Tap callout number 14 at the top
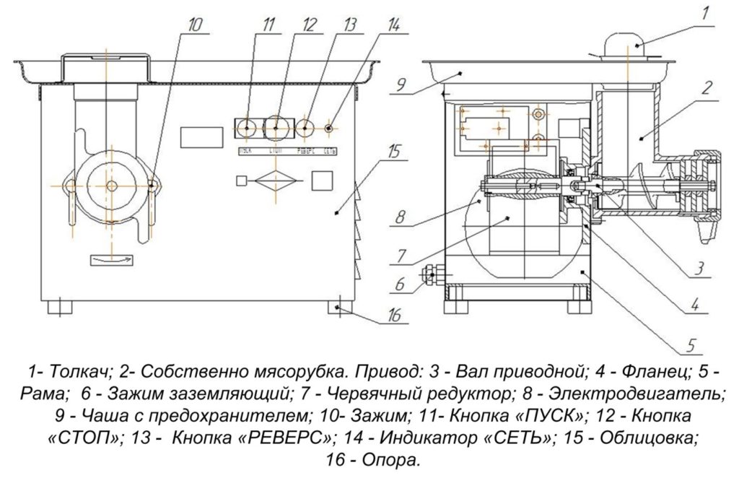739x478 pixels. (x=393, y=24)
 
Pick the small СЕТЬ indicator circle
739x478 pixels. (x=330, y=128)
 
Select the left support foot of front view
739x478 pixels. (x=61, y=306)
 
